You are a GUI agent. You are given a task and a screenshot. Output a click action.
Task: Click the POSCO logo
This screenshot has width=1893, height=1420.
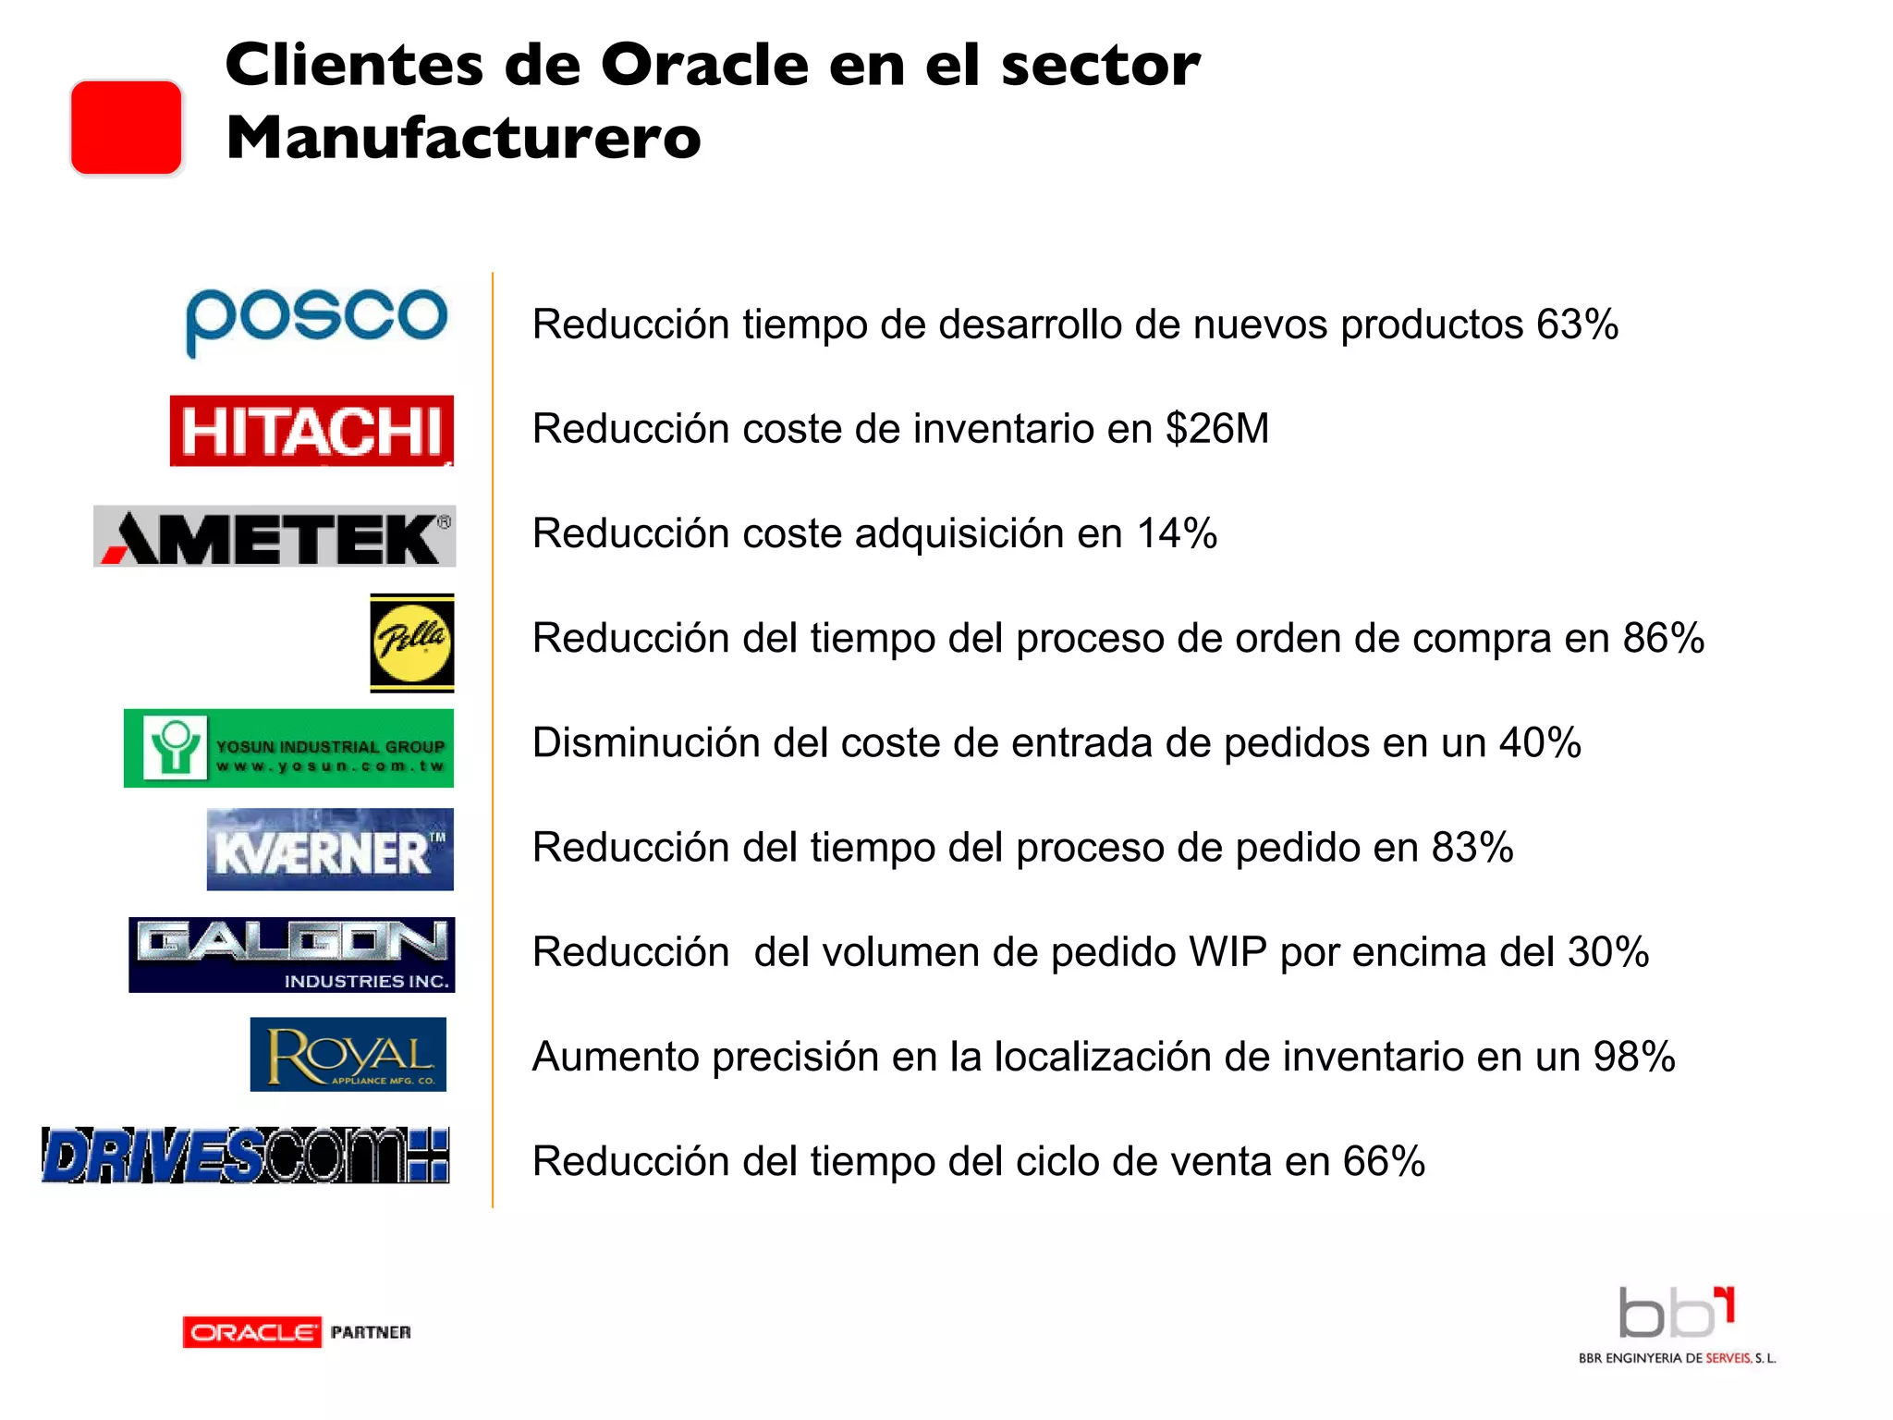(x=316, y=320)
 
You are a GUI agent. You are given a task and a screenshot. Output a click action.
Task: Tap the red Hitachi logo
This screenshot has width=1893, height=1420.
(x=311, y=431)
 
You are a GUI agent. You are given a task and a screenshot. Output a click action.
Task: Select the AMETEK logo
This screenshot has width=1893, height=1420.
(x=275, y=536)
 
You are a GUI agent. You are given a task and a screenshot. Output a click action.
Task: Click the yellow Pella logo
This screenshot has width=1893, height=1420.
(x=412, y=643)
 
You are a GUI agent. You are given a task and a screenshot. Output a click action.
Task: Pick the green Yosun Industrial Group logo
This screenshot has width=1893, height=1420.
(x=288, y=748)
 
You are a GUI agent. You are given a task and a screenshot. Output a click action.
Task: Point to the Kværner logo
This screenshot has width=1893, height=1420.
(x=330, y=850)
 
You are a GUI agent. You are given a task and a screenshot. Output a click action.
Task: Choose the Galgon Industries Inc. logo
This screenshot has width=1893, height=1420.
(x=291, y=955)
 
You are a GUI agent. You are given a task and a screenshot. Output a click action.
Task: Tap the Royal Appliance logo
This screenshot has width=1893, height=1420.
(x=348, y=1055)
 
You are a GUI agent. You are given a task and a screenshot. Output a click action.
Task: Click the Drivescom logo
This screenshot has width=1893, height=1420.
(x=246, y=1156)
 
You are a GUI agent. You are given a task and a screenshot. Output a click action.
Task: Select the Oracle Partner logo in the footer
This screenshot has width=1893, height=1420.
(x=297, y=1332)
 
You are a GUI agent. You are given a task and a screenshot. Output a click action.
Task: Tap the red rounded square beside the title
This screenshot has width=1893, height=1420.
(x=127, y=128)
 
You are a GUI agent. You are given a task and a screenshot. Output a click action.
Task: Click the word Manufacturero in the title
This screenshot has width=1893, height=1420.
(x=463, y=138)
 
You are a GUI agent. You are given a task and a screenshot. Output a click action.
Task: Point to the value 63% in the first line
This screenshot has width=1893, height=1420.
(x=1577, y=324)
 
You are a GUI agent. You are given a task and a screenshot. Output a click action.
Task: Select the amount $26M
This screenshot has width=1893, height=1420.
(x=1217, y=429)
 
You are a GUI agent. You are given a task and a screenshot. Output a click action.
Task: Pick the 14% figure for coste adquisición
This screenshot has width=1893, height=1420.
(x=1177, y=533)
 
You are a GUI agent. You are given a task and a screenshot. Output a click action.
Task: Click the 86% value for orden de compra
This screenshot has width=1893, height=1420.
(x=1664, y=638)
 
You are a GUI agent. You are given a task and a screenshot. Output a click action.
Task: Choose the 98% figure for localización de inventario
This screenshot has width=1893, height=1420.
(x=1634, y=1057)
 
